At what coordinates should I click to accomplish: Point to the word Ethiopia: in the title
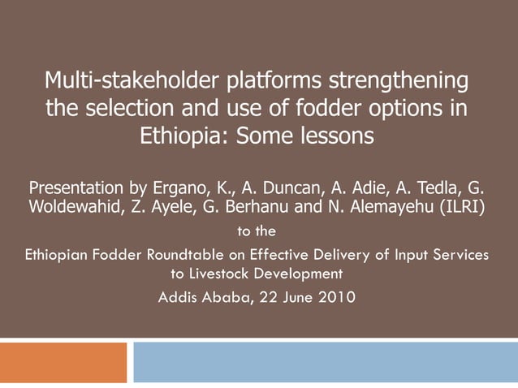point(183,135)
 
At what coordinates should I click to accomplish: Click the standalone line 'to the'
point(259,231)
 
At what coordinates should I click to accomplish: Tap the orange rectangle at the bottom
point(63,362)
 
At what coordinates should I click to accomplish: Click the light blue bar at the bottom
point(325,362)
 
